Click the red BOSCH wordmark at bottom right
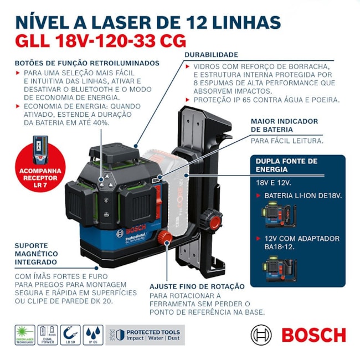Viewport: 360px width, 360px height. click(313, 335)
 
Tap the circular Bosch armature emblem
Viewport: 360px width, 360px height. click(261, 335)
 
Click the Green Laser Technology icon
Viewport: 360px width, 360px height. click(24, 335)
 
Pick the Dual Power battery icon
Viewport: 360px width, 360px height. click(47, 335)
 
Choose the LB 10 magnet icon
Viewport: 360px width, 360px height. click(70, 335)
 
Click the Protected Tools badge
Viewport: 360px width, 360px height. click(145, 335)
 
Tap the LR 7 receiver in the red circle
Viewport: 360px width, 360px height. click(40, 147)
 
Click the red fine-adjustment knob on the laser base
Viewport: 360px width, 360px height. click(163, 238)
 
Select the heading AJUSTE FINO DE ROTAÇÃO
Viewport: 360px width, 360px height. click(197, 286)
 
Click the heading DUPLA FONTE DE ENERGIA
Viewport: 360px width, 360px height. click(286, 165)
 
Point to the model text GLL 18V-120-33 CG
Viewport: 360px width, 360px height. click(100, 41)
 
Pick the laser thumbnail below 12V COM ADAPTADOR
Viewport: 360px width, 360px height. click(280, 268)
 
